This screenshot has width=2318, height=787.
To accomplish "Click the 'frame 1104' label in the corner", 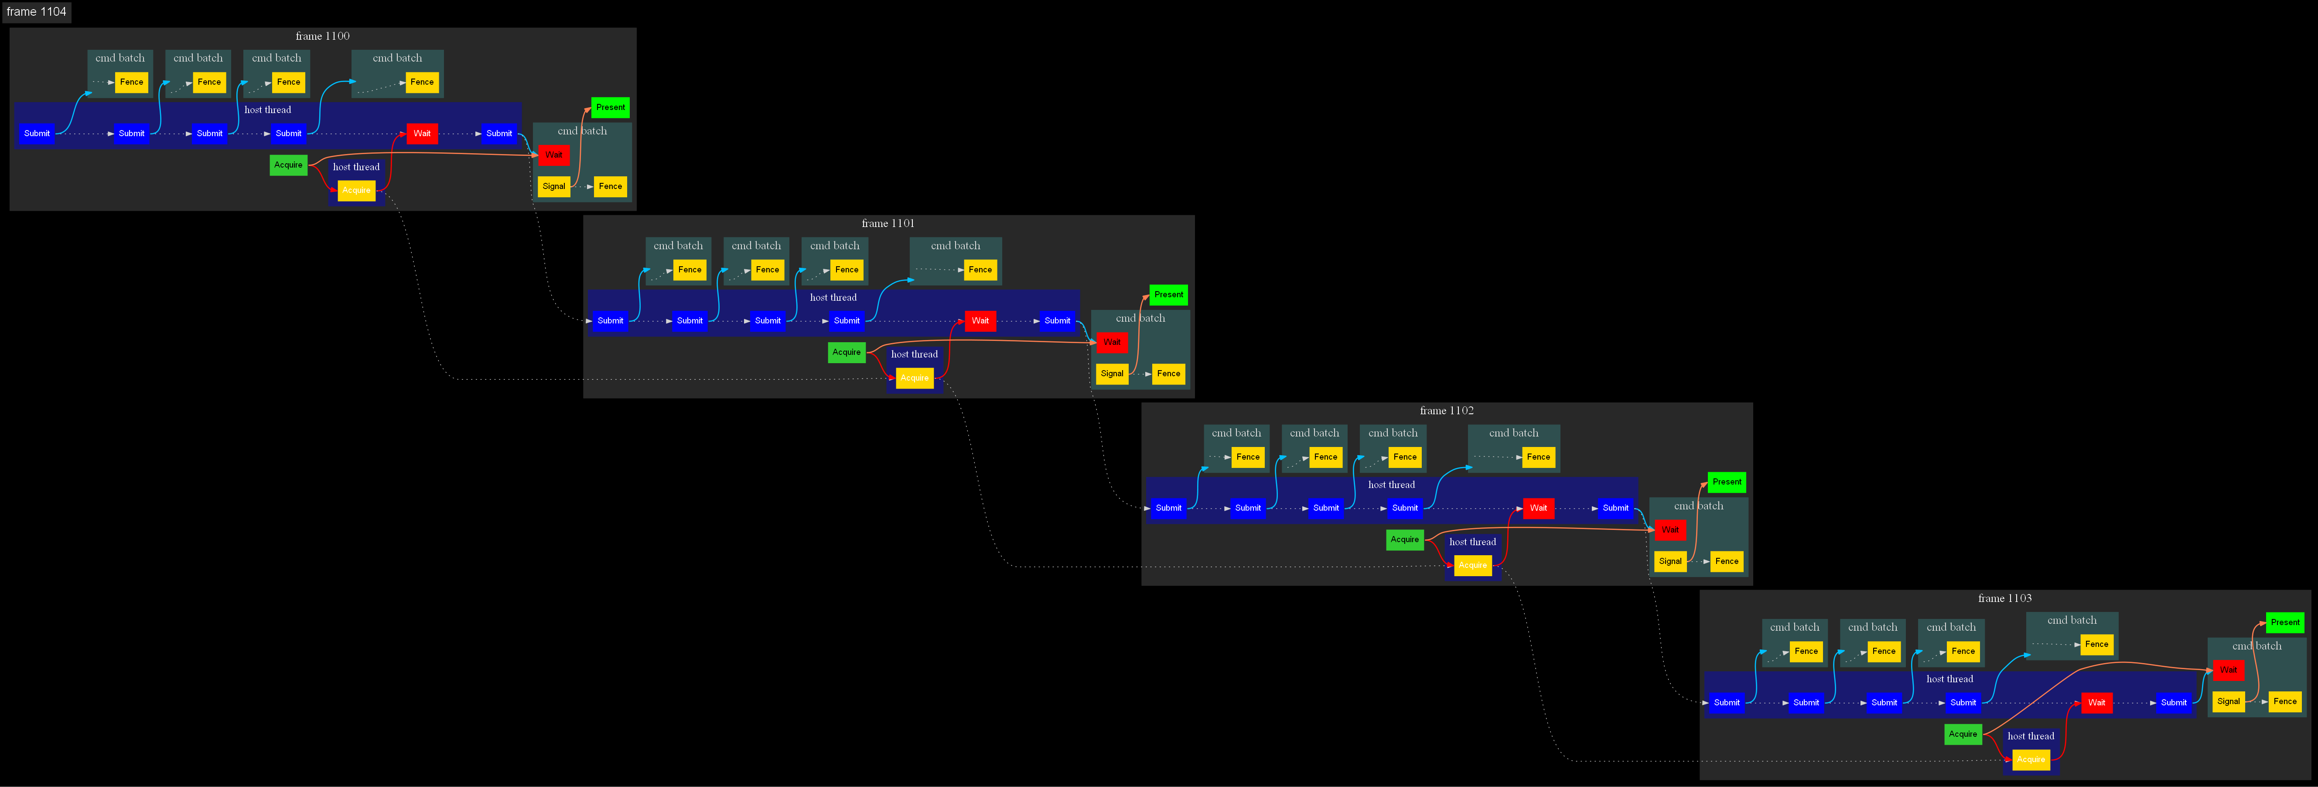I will [x=36, y=12].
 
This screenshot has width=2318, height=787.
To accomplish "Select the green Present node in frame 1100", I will [x=610, y=107].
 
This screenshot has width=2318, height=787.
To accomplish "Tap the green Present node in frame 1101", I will [x=1168, y=295].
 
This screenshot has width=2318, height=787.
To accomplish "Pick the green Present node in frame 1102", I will [x=1726, y=482].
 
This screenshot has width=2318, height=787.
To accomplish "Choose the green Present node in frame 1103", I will [x=2285, y=622].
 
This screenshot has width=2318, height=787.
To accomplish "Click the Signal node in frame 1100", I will [x=553, y=186].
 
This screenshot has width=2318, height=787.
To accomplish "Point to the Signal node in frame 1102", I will [x=1670, y=561].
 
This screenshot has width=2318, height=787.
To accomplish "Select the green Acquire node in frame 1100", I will [x=288, y=165].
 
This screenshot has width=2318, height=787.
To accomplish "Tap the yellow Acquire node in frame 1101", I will [x=914, y=377].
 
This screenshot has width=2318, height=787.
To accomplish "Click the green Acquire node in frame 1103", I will [x=1963, y=734].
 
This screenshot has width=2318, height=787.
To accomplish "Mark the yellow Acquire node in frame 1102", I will [x=1472, y=566].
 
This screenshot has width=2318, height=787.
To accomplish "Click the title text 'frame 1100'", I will [x=322, y=36].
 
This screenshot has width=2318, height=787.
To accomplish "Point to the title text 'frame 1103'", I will [x=2004, y=598].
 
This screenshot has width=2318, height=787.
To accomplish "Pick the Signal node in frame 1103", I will [x=2228, y=701].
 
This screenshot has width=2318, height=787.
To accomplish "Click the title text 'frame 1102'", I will [x=1446, y=411].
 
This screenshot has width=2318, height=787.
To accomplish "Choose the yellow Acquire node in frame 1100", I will [x=356, y=190].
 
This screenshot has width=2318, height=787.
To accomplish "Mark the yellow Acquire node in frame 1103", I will [x=2031, y=759].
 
